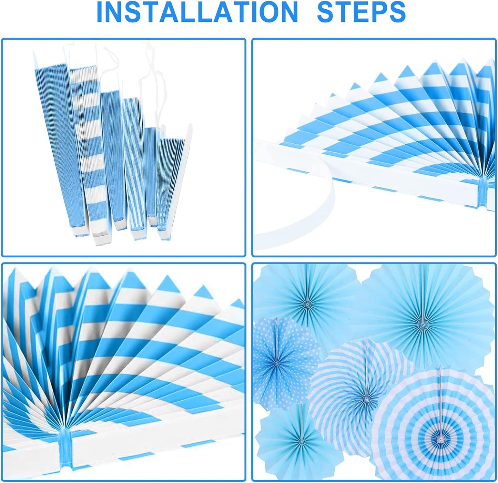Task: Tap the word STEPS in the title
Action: (361, 12)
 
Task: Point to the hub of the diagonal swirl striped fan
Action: (366, 399)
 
